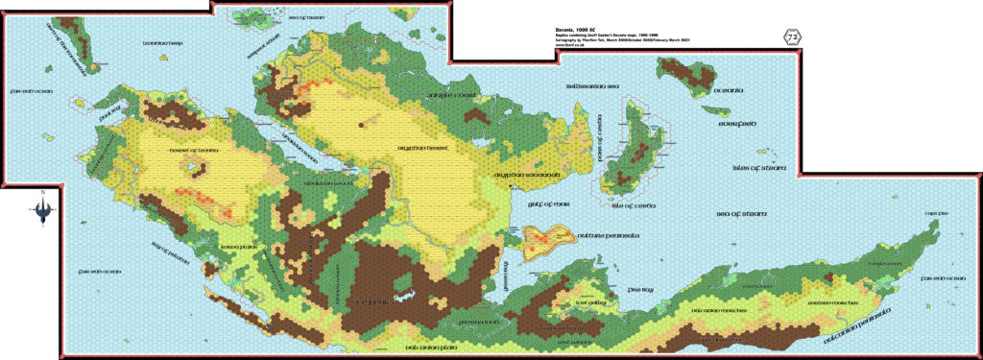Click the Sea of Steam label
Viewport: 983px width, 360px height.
tap(741, 214)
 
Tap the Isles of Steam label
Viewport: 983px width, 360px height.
tap(759, 168)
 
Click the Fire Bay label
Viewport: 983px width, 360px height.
tap(641, 287)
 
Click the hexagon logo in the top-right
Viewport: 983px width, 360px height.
tap(794, 36)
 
